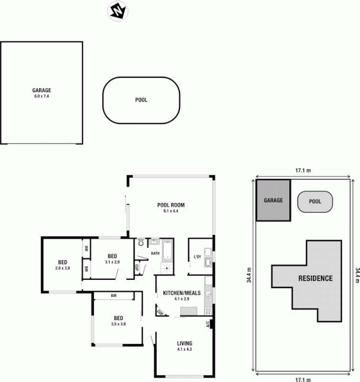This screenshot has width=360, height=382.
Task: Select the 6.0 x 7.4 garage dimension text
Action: (42, 96)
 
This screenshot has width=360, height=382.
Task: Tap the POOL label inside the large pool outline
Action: (141, 100)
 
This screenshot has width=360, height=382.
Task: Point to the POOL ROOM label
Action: (171, 205)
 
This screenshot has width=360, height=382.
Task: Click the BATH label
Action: (156, 253)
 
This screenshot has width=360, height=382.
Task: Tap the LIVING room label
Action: (184, 343)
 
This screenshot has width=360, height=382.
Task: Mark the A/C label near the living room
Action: (208, 324)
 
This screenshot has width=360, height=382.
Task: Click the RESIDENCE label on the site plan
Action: (315, 278)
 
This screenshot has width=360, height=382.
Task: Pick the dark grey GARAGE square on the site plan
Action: (273, 201)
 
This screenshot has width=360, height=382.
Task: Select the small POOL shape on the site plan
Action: (315, 202)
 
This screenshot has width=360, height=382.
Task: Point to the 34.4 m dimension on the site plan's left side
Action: (249, 275)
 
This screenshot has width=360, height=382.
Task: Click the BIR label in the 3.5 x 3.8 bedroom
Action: (114, 296)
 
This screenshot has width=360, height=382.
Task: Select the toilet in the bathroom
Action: (141, 244)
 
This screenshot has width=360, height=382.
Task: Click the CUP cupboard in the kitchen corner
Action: (159, 313)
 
